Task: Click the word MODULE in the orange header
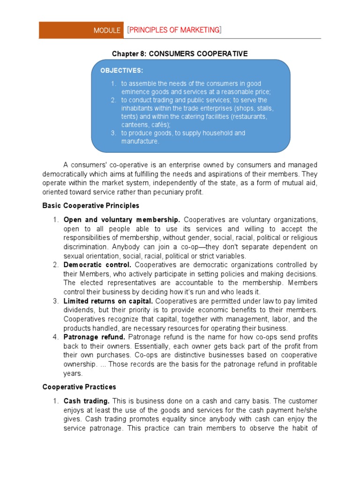click(x=107, y=30)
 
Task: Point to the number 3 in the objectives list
click(x=113, y=133)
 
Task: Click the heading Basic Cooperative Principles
click(x=91, y=205)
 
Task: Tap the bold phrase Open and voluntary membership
click(x=122, y=220)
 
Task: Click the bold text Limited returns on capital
click(x=108, y=301)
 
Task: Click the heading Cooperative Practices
click(x=79, y=387)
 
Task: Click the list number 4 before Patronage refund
click(x=54, y=337)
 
